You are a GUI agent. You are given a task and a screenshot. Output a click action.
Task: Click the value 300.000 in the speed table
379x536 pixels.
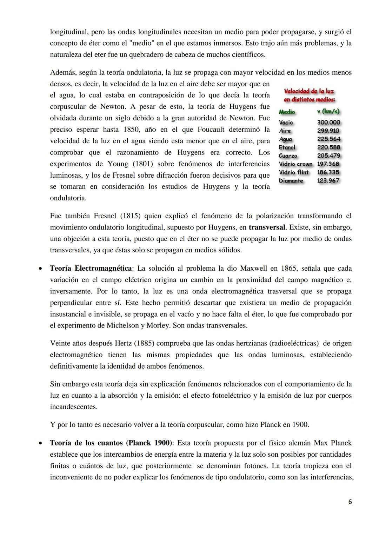coord(328,123)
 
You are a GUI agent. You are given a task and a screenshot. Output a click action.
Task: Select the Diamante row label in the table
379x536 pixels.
coord(291,181)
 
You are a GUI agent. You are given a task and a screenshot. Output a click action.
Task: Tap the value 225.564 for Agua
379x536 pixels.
coord(328,139)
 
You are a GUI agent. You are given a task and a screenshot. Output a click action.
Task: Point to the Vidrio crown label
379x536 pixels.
coord(295,164)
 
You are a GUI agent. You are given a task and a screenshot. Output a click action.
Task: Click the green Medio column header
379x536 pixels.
coord(287,112)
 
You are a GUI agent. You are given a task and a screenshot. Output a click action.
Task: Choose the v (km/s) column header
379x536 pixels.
coord(328,112)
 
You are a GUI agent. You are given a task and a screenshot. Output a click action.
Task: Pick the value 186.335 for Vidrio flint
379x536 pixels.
coord(328,172)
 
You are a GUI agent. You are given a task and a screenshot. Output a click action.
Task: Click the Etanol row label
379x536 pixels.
coord(287,147)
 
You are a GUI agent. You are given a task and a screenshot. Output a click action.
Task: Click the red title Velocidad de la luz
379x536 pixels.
coord(309,91)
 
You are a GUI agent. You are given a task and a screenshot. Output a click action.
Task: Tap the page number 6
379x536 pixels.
coord(350,502)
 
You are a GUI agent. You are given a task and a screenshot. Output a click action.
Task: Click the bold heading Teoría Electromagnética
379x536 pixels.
coord(91,269)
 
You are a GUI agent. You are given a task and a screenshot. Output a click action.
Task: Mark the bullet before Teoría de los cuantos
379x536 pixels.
coord(41,443)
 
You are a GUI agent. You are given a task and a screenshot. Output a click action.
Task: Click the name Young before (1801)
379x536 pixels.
coord(118,164)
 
